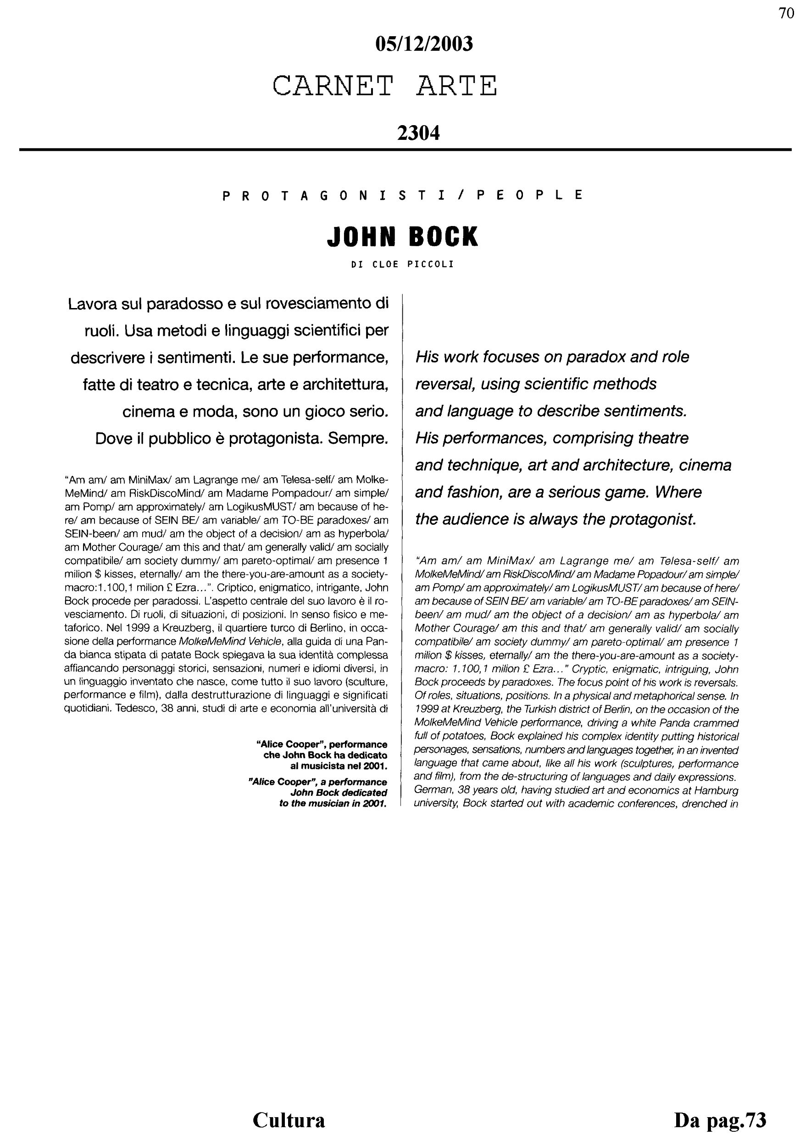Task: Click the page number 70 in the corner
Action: [x=786, y=13]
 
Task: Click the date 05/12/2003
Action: [x=423, y=44]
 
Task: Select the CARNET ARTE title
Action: [x=385, y=86]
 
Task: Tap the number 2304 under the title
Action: [x=418, y=133]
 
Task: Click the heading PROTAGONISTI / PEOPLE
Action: [x=402, y=195]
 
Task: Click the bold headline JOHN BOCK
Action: [x=402, y=237]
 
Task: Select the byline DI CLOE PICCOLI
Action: [x=402, y=264]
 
